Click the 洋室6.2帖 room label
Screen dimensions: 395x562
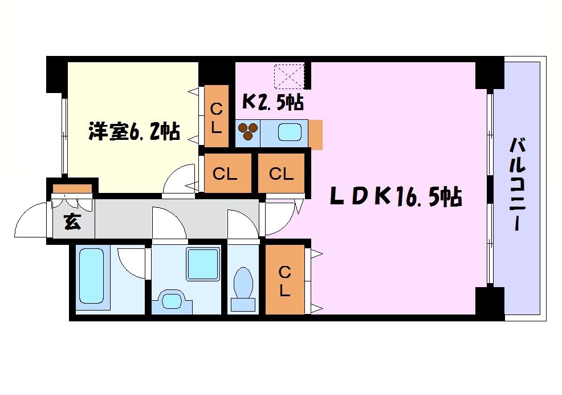134,132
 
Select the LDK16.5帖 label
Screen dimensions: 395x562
396,197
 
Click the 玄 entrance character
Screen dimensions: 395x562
72,222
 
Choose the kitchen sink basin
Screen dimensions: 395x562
291,133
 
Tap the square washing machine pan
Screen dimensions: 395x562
203,264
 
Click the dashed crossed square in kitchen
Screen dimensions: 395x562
290,76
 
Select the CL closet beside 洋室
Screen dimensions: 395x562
216,117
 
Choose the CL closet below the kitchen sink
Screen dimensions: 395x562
281,174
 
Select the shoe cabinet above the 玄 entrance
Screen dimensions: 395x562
72,188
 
